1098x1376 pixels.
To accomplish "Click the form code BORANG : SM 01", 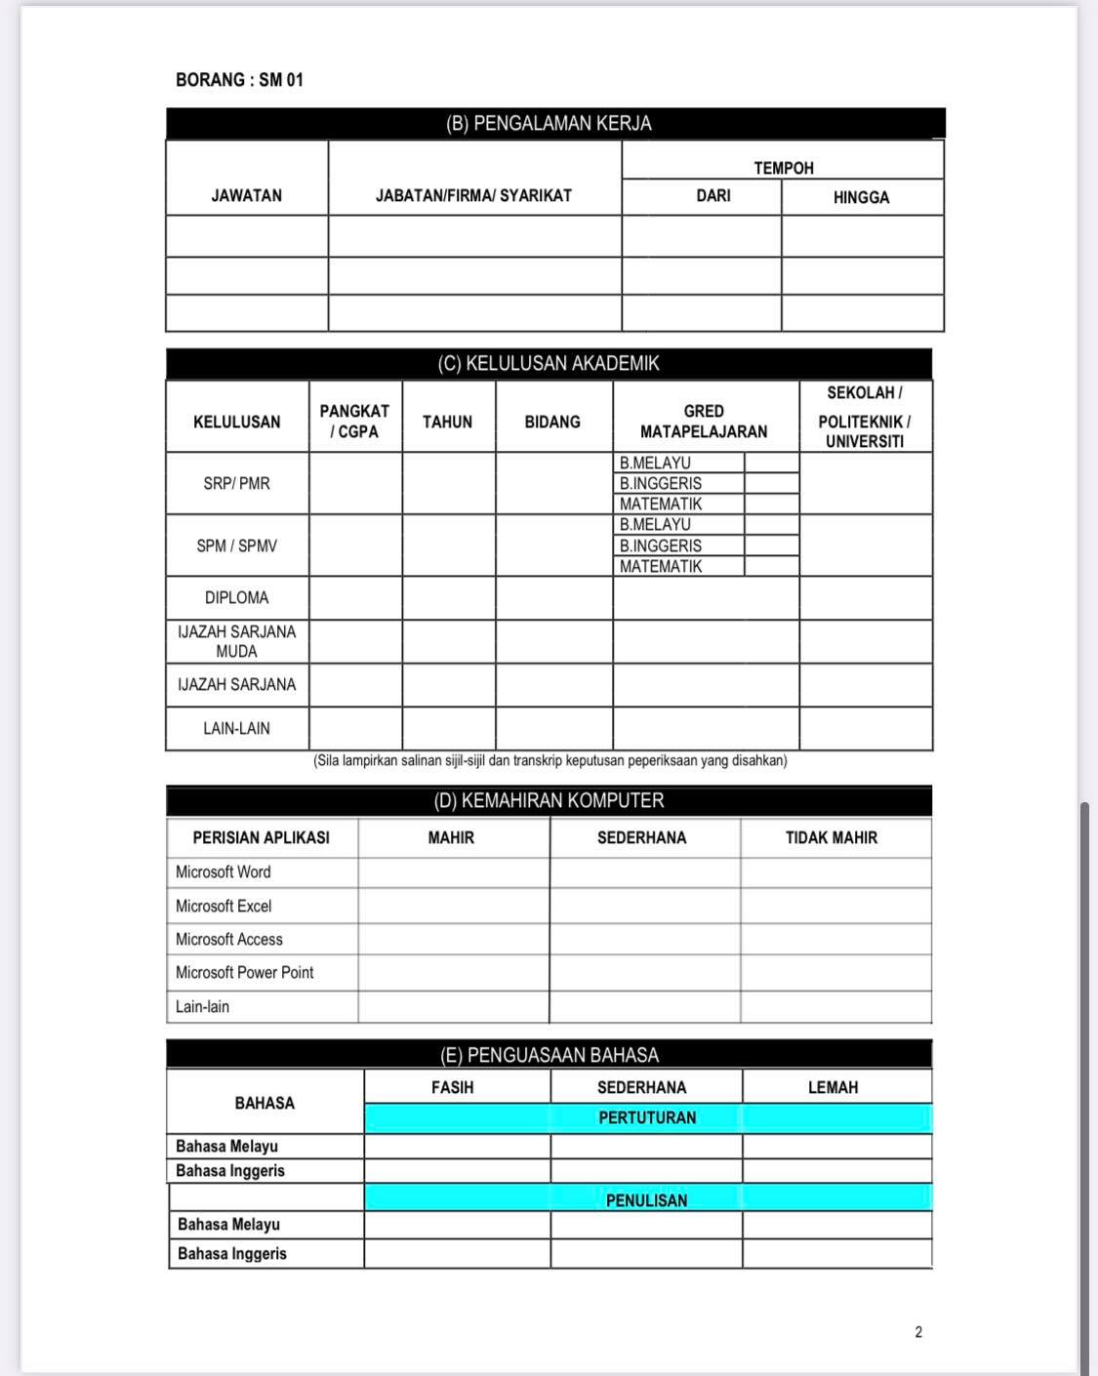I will (x=239, y=80).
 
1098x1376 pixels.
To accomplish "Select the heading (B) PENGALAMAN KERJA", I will (x=549, y=124).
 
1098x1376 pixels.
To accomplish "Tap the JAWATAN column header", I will (x=246, y=195).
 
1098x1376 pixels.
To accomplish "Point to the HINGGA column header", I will (x=861, y=197).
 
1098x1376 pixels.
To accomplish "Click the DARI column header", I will (x=712, y=195).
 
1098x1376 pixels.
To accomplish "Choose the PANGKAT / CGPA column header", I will (x=354, y=422).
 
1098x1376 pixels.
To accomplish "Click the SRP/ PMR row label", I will (x=236, y=483).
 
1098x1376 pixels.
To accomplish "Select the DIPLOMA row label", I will (x=236, y=597).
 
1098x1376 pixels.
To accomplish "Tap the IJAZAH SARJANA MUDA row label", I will (x=236, y=641).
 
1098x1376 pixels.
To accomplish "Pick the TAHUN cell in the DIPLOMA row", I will (x=448, y=597).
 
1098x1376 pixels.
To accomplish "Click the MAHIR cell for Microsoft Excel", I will (x=453, y=906).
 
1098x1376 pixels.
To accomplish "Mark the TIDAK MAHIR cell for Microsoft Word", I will (x=835, y=872).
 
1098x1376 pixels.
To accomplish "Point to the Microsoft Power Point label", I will (x=245, y=972).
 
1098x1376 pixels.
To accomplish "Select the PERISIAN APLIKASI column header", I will (x=261, y=837).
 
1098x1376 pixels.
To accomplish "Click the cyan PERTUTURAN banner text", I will (x=647, y=1117).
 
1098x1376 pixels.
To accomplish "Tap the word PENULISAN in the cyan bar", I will (x=646, y=1200).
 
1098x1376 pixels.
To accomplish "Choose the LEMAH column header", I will (x=833, y=1087).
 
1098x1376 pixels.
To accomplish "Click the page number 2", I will (x=918, y=1332).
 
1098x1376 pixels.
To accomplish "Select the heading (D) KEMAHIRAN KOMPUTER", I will (x=549, y=801).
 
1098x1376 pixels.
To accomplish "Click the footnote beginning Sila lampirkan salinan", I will (x=549, y=760).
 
